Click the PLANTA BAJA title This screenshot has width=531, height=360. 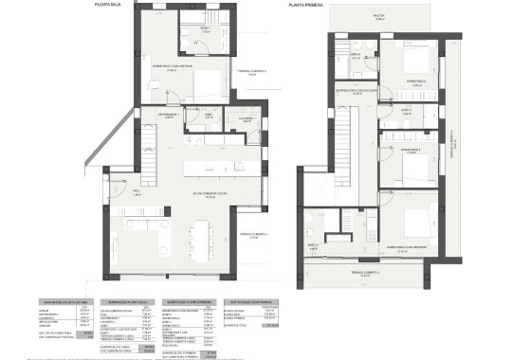(108, 6)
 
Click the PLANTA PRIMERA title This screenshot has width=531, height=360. (307, 6)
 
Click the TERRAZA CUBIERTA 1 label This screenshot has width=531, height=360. (254, 234)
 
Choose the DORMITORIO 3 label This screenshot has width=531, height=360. (410, 150)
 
